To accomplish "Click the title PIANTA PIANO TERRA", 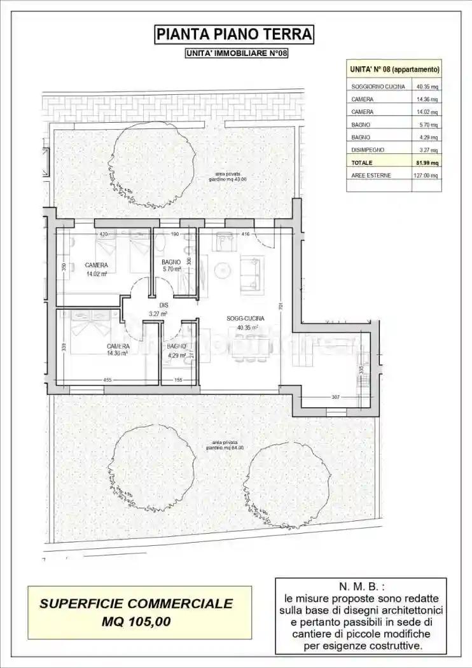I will (x=235, y=34).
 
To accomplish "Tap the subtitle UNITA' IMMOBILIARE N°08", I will (x=236, y=53).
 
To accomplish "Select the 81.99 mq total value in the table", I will (x=427, y=163).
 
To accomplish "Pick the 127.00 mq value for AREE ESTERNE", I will (x=426, y=175).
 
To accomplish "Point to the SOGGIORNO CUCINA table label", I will (x=378, y=87).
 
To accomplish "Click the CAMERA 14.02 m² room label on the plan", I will (x=96, y=269).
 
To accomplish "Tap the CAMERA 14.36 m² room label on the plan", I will (x=118, y=349).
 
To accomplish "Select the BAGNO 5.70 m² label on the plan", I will (x=171, y=265).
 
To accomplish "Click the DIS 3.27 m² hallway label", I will (x=158, y=309).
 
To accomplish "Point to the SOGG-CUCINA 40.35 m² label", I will (x=245, y=323).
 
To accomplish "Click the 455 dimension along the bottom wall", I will (x=108, y=380).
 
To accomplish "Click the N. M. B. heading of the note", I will (x=360, y=586).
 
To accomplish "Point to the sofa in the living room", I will (x=252, y=274).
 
